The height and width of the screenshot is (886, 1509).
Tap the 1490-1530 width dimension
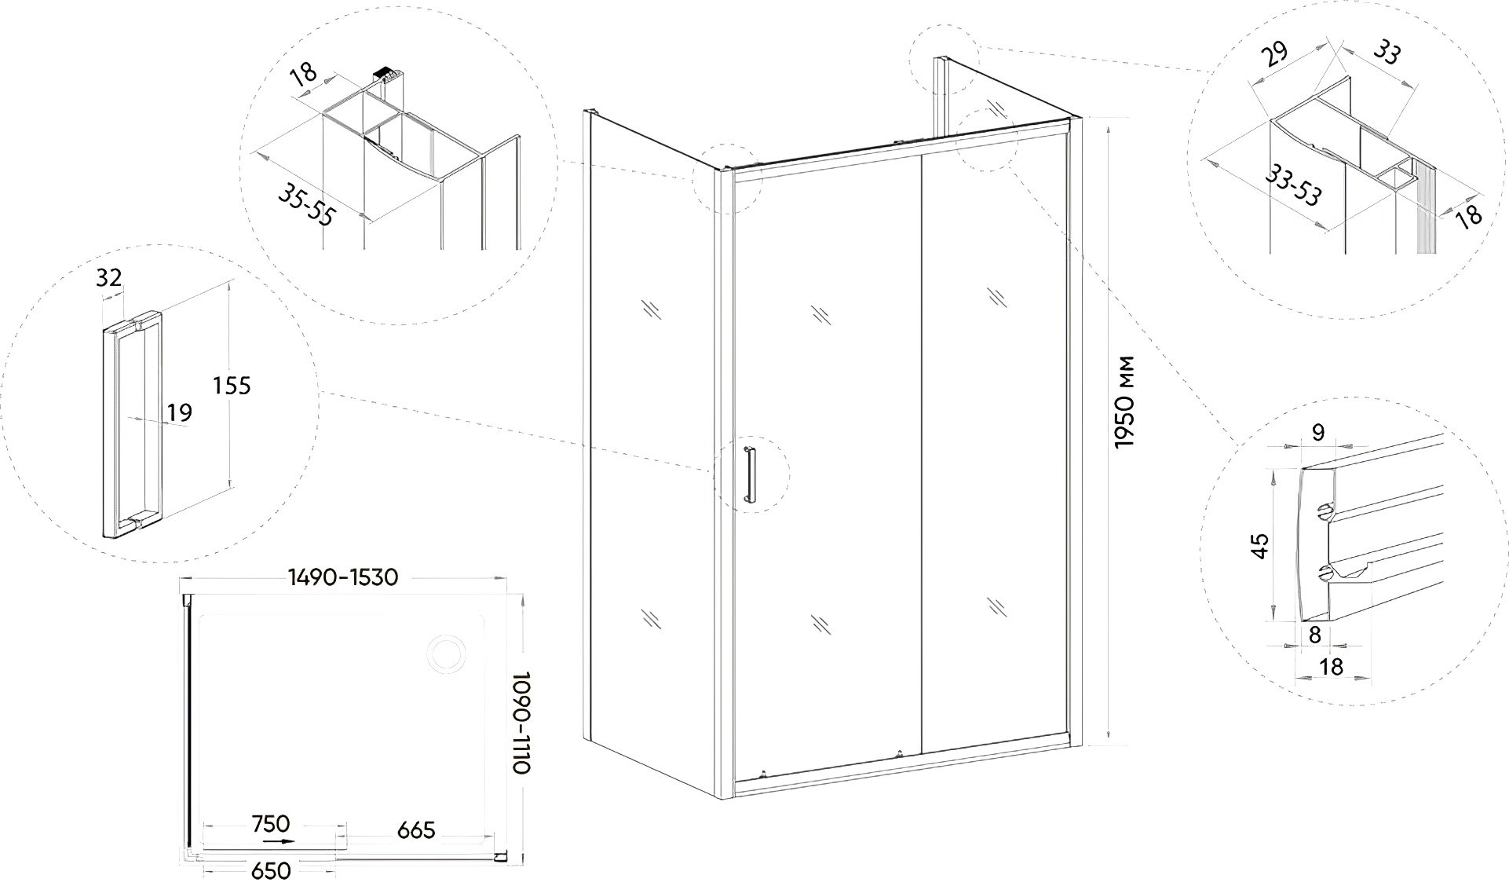[x=343, y=577]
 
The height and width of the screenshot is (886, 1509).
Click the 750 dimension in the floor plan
[x=271, y=824]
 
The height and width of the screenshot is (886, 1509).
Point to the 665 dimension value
[x=416, y=829]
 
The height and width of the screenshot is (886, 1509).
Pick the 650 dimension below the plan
[x=271, y=870]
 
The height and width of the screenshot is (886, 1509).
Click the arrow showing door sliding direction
[x=279, y=841]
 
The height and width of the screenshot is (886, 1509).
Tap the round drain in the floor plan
[x=445, y=654]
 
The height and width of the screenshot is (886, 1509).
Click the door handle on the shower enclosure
[x=749, y=473]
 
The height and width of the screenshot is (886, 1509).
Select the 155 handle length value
[x=232, y=386]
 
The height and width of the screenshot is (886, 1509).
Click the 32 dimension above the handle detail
[x=109, y=276]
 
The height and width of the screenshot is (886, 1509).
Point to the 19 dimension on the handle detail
[x=180, y=412]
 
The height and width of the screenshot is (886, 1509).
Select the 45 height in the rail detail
[x=1260, y=545]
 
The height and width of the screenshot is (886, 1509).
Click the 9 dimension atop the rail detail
[x=1318, y=431]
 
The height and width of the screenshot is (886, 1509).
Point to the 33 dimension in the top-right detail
[x=1386, y=54]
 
